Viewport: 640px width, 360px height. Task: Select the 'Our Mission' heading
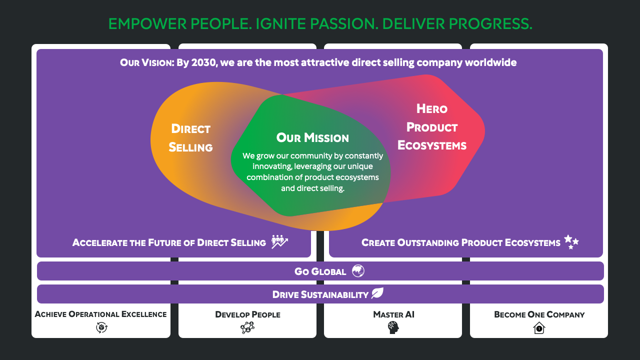[x=312, y=137]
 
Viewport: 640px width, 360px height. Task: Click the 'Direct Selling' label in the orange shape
[x=190, y=138]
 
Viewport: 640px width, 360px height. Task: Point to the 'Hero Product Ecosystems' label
[x=432, y=127]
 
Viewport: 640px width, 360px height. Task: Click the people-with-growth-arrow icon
[x=279, y=241]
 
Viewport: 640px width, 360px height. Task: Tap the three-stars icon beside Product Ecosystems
[x=571, y=242]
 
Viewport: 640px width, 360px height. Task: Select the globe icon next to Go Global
[x=358, y=271]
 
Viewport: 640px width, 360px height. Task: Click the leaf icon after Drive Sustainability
[x=377, y=293]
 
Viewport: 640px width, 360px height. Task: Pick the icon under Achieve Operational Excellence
[x=101, y=327]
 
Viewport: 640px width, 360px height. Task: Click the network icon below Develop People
[x=247, y=327]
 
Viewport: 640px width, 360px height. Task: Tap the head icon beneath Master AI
[x=393, y=327]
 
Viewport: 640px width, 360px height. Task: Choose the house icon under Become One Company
[x=539, y=327]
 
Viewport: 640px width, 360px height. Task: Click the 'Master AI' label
[x=393, y=314]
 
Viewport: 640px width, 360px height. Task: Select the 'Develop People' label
[x=247, y=314]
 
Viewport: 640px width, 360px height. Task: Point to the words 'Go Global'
[x=320, y=271]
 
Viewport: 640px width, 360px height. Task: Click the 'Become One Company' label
[x=539, y=314]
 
